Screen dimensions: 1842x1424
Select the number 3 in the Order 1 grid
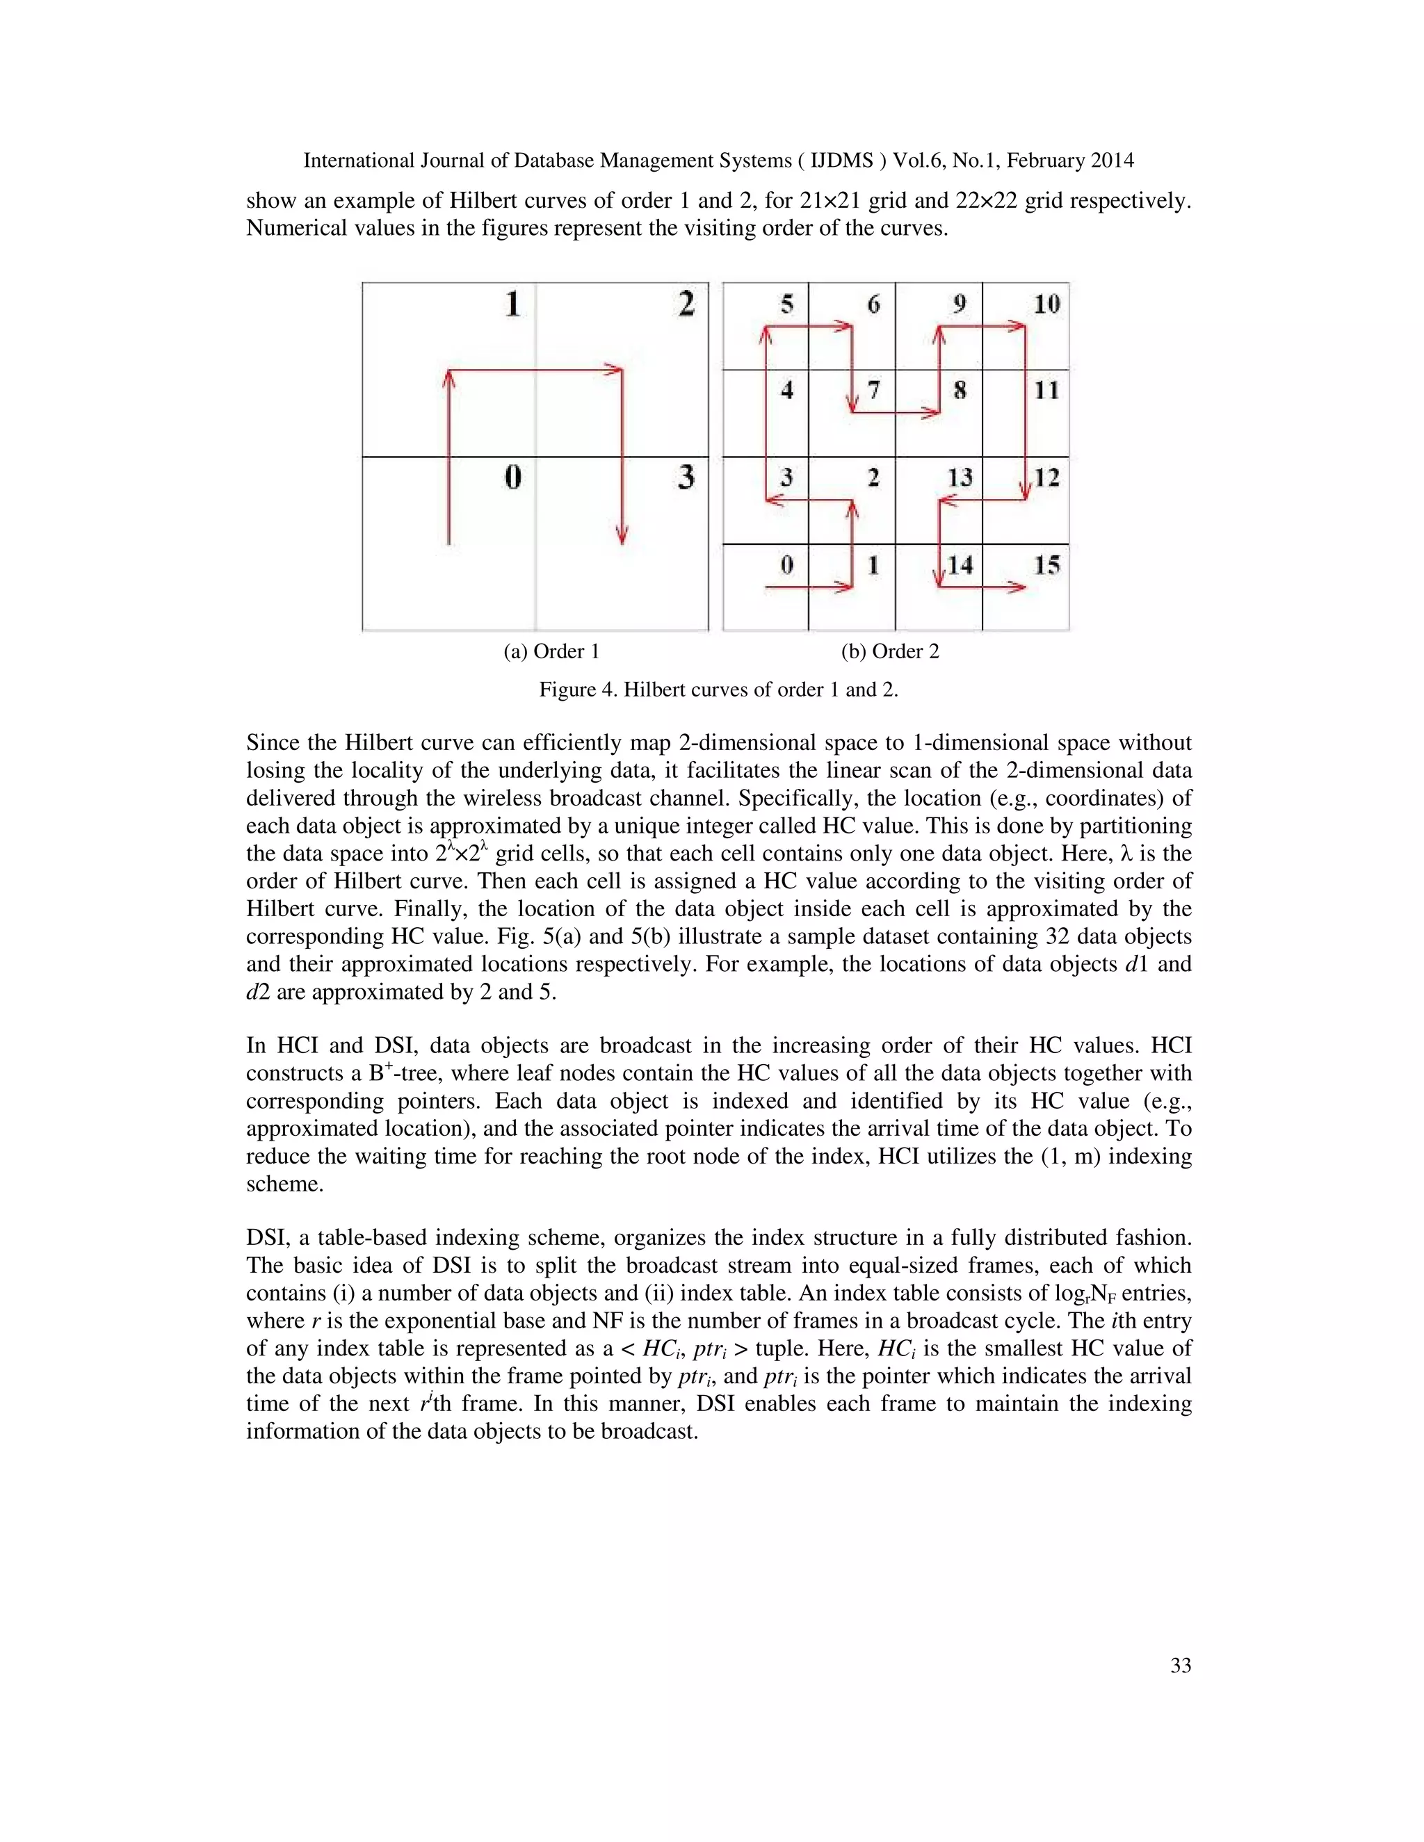686,478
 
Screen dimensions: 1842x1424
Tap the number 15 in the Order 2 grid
1046,565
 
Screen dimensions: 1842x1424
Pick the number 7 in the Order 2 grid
874,391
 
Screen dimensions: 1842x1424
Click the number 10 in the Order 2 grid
1046,304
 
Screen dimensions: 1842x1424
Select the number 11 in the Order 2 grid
1046,391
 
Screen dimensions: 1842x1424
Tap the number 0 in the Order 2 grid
787,565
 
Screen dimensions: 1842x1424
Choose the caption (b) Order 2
889,651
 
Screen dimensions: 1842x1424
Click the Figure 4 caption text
718,690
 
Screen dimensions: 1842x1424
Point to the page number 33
1180,1665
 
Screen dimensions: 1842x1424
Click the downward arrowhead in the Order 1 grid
622,537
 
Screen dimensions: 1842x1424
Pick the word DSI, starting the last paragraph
266,1238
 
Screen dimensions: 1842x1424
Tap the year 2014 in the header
1111,161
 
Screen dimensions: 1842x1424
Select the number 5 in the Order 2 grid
787,304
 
